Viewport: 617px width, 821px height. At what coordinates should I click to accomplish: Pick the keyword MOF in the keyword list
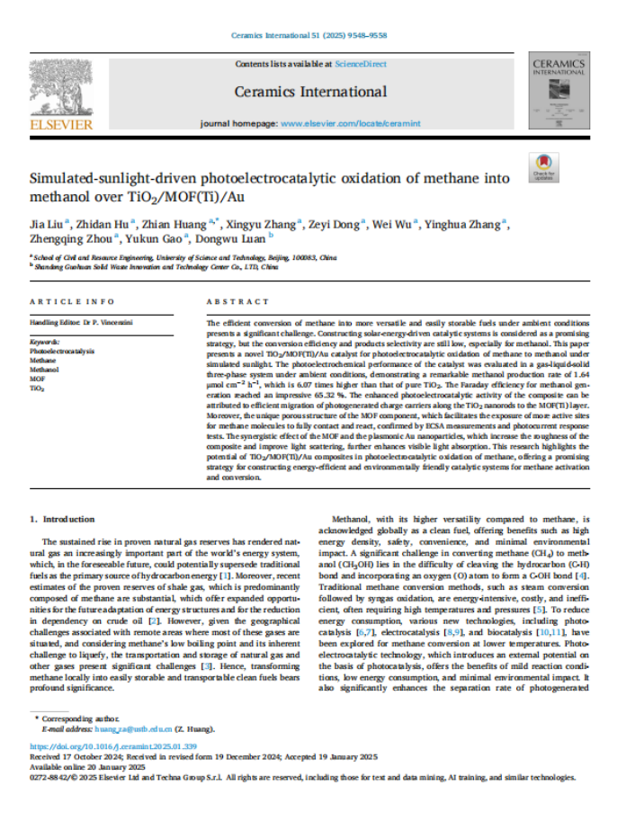pos(38,380)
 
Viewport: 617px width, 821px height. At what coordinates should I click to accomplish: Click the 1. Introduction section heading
pos(62,519)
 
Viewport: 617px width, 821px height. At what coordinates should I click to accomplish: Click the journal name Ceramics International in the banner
pos(310,92)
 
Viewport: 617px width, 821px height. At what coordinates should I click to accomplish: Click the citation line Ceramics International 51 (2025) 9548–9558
pos(308,35)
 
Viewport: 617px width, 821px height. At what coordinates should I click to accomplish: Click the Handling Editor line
pos(82,321)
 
